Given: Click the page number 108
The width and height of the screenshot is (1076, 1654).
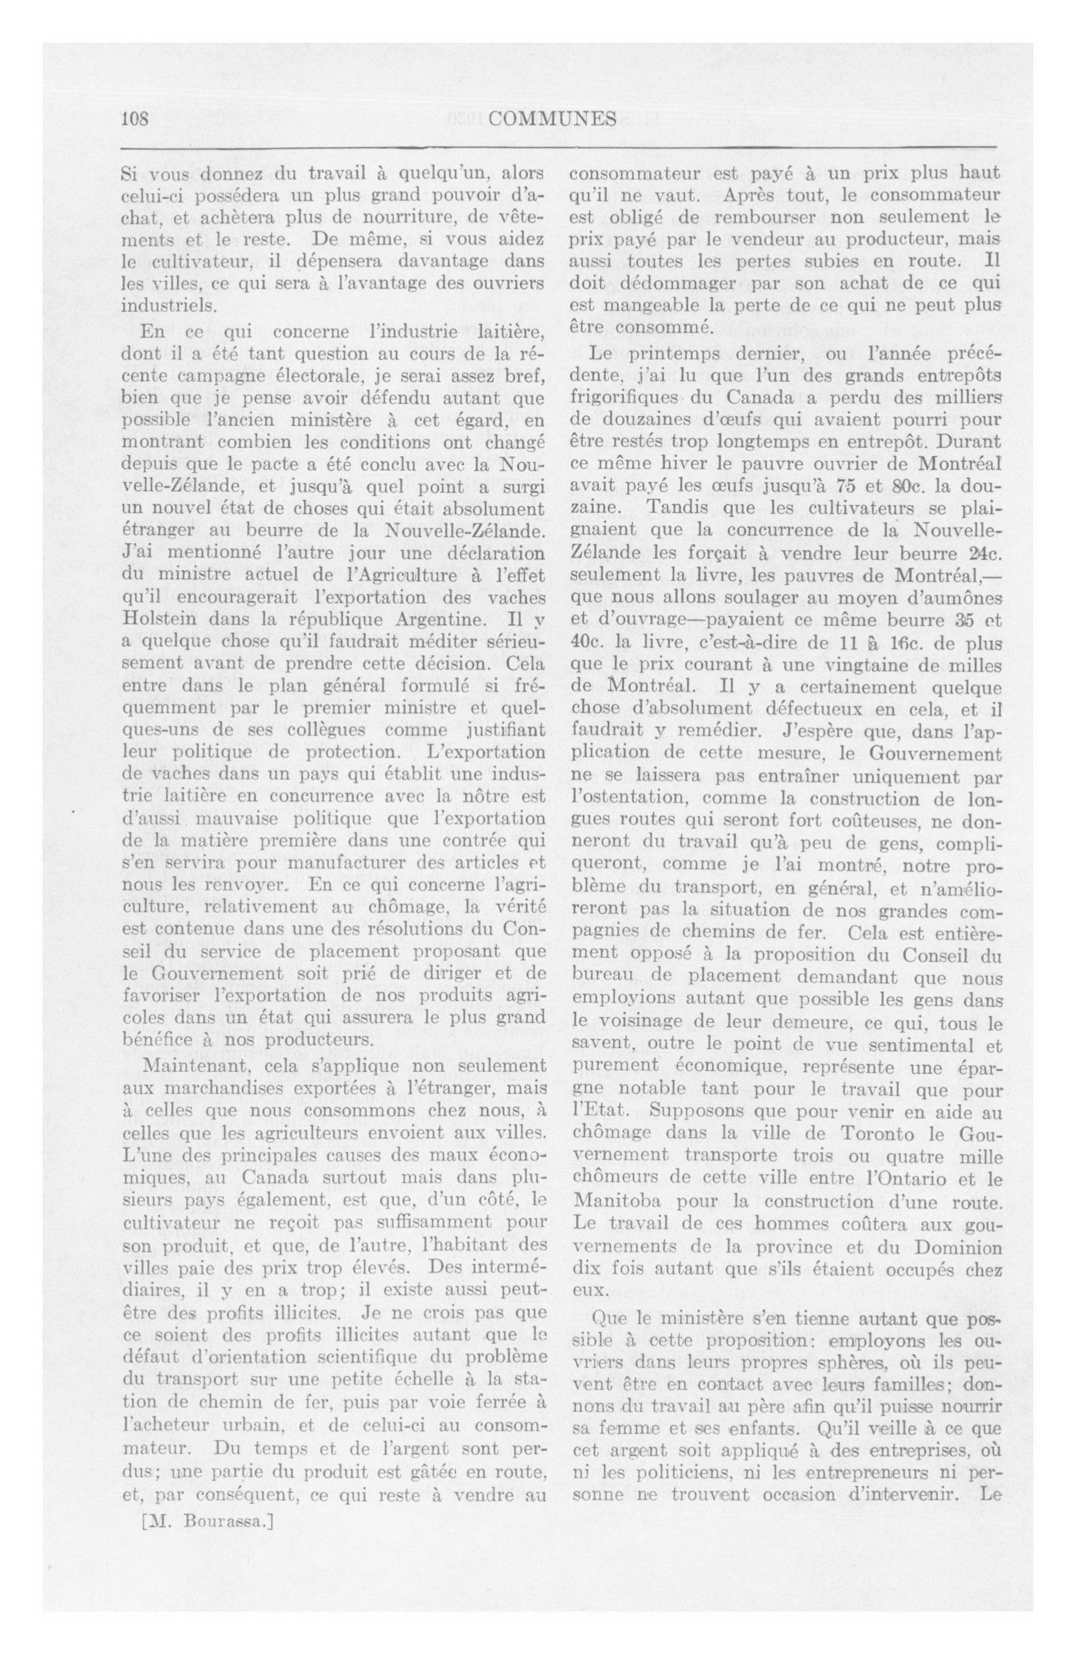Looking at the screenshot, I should point(135,119).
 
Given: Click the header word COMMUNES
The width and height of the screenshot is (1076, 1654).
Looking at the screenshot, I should point(552,119).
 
